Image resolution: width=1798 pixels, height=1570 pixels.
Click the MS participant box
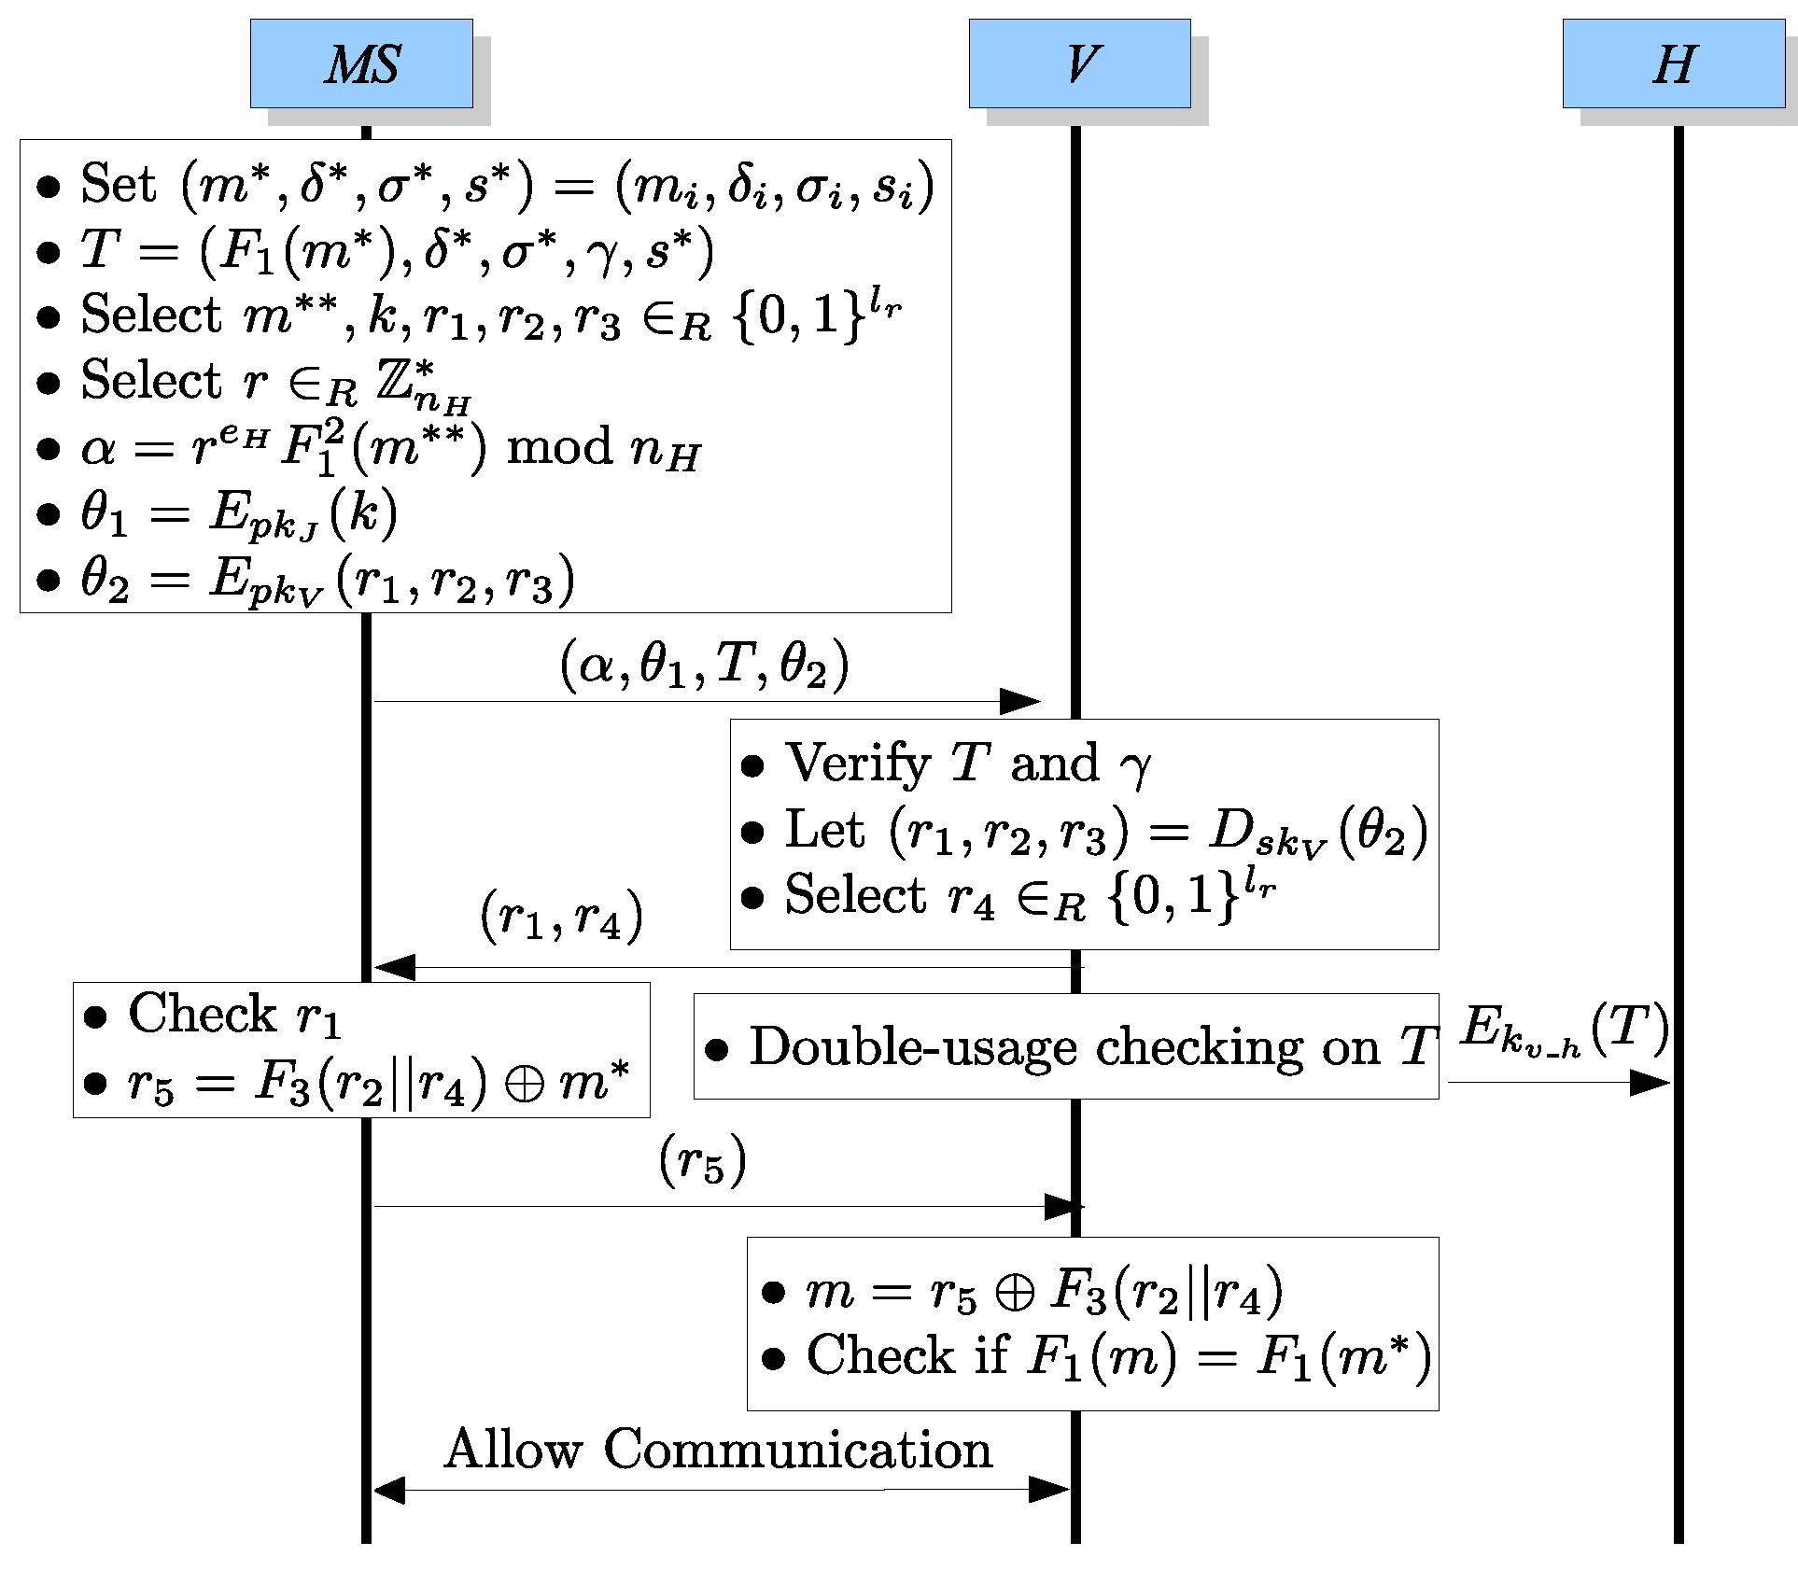click(361, 63)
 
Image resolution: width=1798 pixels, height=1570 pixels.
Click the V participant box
click(1079, 63)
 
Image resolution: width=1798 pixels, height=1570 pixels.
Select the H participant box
click(1673, 63)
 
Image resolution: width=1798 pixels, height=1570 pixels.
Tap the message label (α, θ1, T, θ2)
click(705, 665)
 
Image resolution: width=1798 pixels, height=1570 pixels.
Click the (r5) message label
click(702, 1160)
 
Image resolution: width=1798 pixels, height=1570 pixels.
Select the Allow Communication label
click(718, 1450)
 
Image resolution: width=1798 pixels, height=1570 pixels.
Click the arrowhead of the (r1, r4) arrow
click(394, 967)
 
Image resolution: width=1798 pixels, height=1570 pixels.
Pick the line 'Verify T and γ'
click(968, 764)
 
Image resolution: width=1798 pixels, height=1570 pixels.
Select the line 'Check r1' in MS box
click(233, 1015)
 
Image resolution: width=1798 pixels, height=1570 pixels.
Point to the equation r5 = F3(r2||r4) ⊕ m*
click(378, 1083)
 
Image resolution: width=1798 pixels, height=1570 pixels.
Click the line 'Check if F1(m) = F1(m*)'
click(1117, 1356)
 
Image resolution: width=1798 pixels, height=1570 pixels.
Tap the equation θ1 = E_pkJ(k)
click(238, 514)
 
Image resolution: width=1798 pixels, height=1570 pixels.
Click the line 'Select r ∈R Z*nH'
click(275, 382)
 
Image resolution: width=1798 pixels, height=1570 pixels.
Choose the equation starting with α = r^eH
click(390, 447)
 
